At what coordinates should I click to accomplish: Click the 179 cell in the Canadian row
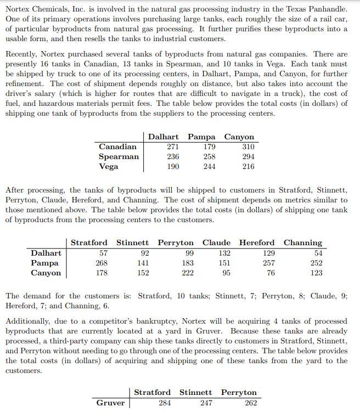[209, 146]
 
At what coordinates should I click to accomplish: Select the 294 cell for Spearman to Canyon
[248, 156]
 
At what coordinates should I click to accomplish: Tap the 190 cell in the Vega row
[172, 166]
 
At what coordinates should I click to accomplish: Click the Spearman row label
[119, 156]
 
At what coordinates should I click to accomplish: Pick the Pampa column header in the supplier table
[200, 137]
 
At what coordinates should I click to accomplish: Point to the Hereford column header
[257, 242]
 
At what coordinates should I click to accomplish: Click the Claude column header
[216, 242]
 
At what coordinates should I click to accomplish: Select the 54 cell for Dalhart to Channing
[318, 253]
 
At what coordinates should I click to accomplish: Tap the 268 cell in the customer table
[101, 263]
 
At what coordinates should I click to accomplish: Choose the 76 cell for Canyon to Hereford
[271, 273]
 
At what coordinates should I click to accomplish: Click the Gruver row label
[111, 403]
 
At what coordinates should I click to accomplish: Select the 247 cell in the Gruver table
[205, 403]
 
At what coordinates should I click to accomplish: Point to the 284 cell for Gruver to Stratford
[164, 403]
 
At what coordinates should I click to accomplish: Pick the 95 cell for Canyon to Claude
[226, 273]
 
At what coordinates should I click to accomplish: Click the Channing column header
[303, 242]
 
